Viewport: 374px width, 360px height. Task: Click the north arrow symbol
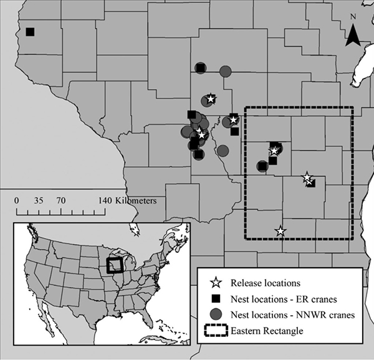pos(353,36)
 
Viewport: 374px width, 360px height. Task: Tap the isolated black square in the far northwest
pos(30,32)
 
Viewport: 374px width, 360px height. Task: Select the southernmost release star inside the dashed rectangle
pos(280,231)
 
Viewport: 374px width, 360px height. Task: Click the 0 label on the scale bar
pos(17,201)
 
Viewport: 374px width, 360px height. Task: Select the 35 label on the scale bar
pos(39,201)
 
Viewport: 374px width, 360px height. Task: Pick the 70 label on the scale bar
pos(61,201)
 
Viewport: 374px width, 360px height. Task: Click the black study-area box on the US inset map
pos(115,265)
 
